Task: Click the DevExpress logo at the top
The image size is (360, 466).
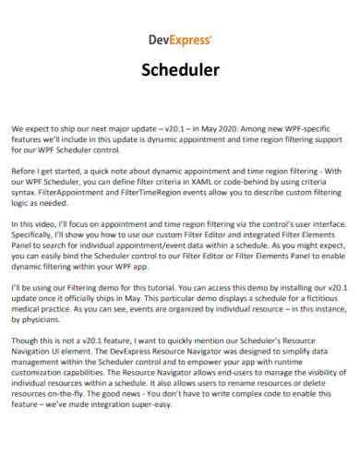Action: tap(179, 41)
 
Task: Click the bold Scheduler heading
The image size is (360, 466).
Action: tap(179, 69)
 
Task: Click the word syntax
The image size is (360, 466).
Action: tap(27, 196)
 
